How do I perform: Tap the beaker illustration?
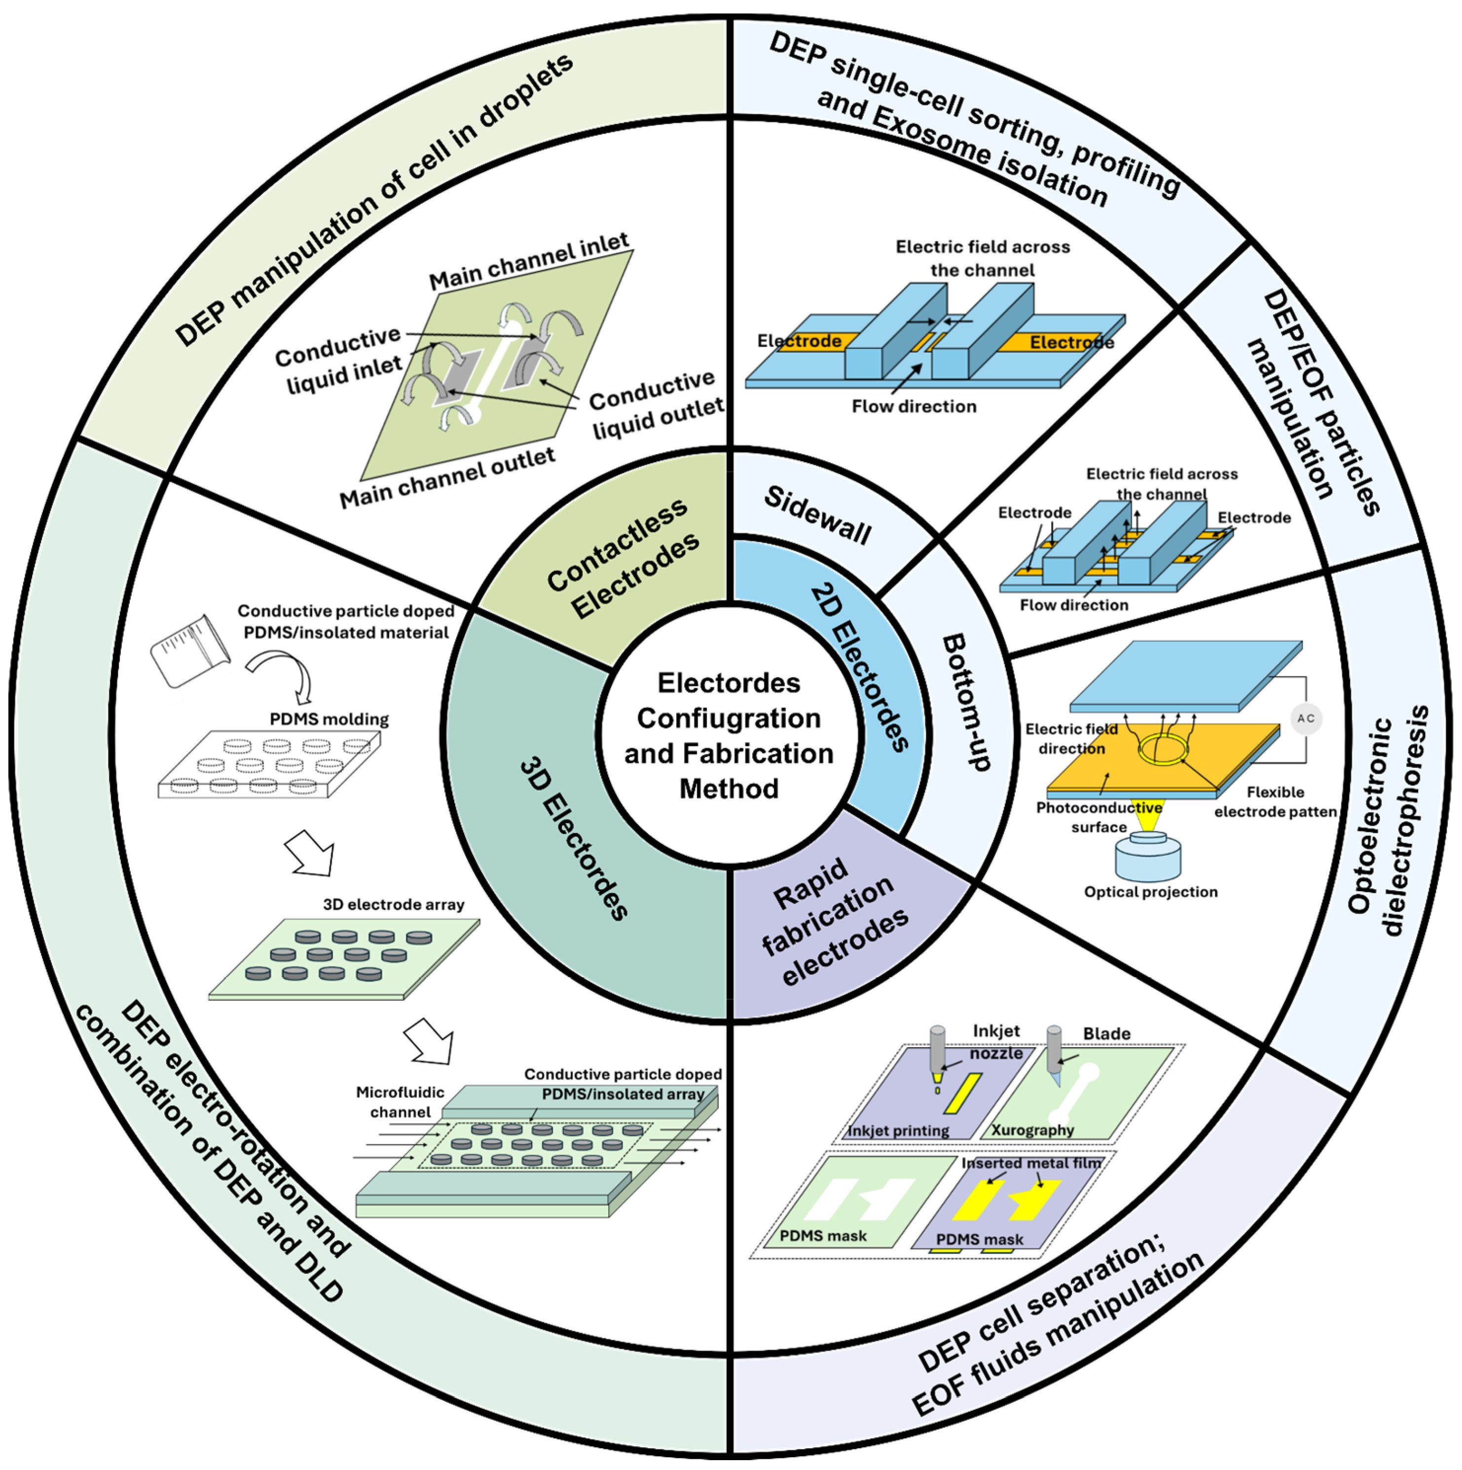coord(190,650)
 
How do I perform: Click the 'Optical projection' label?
coord(1150,892)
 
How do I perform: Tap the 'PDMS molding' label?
coord(329,719)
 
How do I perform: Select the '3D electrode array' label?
coord(393,905)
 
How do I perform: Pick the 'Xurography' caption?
coord(1032,1130)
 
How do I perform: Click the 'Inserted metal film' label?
coord(1031,1164)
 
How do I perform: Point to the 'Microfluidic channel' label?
coord(400,1102)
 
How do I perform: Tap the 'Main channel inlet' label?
coord(529,261)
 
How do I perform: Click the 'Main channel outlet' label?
coord(447,477)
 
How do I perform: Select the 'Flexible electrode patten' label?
coord(1275,802)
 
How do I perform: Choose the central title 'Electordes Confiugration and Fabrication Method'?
coord(729,736)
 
